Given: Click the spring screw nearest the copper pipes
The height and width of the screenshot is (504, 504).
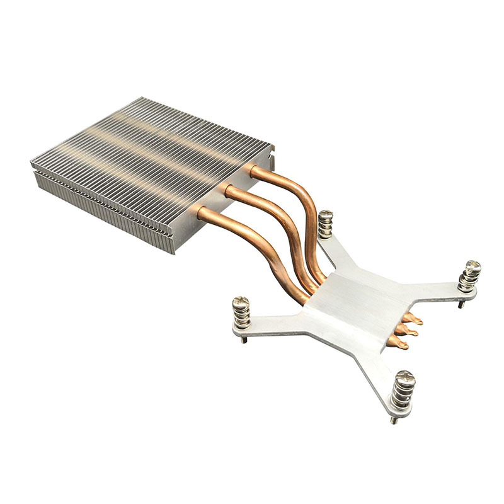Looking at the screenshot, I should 325,224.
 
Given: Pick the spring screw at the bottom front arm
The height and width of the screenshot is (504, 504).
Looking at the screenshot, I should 401,391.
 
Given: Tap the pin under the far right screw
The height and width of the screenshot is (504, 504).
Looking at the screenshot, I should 461,303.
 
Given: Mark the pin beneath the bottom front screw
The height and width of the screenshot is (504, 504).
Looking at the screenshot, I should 394,420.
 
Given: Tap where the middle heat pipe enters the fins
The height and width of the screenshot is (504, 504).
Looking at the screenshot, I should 227,190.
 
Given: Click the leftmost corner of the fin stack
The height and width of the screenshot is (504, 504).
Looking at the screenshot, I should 31,166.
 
